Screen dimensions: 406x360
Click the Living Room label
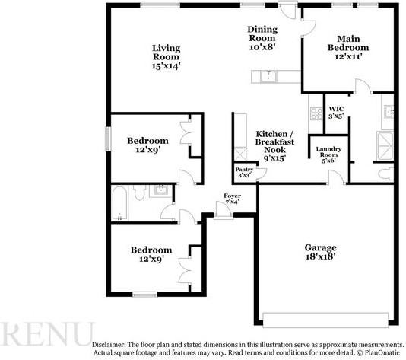click(166, 53)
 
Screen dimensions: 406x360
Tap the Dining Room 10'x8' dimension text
click(262, 47)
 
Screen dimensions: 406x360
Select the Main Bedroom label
click(348, 43)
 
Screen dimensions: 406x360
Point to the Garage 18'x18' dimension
click(321, 256)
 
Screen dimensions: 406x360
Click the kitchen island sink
click(269, 76)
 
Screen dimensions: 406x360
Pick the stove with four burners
click(316, 113)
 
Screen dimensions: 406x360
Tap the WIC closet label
click(336, 109)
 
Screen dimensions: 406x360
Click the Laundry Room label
click(328, 152)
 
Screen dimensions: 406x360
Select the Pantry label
click(244, 170)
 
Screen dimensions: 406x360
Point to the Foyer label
click(232, 196)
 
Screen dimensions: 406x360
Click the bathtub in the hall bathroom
click(120, 203)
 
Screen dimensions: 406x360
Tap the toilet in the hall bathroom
click(140, 193)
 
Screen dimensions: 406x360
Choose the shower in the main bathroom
click(385, 145)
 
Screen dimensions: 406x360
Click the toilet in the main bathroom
click(386, 174)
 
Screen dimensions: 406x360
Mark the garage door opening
click(325, 320)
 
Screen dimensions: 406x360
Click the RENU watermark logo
click(46, 334)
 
